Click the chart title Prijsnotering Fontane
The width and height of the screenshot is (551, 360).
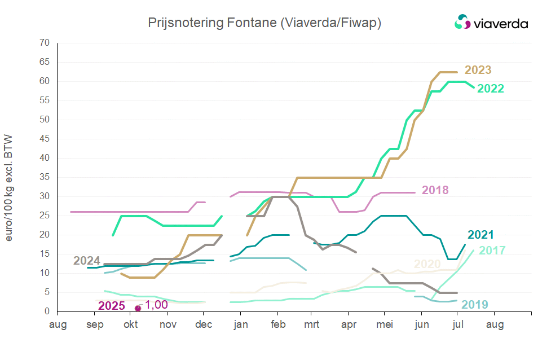pyautogui.click(x=265, y=23)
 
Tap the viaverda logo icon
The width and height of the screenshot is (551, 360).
pyautogui.click(x=462, y=23)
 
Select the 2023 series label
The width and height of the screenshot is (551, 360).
pyautogui.click(x=478, y=70)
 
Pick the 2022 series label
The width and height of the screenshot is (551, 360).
pyautogui.click(x=491, y=89)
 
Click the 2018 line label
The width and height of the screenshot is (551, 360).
pyautogui.click(x=435, y=190)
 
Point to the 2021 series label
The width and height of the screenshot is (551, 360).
pyautogui.click(x=481, y=235)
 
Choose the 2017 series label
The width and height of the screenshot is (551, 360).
pyautogui.click(x=492, y=251)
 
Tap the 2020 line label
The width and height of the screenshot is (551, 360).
pyautogui.click(x=427, y=264)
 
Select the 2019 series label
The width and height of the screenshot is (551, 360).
pyautogui.click(x=475, y=305)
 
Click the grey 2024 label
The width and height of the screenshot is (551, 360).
pyautogui.click(x=87, y=261)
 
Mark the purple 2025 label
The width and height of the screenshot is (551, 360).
pyautogui.click(x=112, y=306)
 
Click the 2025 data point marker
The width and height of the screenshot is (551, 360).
pyautogui.click(x=138, y=308)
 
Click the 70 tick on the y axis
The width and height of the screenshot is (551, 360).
pyautogui.click(x=45, y=43)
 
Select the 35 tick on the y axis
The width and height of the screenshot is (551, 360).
pyautogui.click(x=45, y=177)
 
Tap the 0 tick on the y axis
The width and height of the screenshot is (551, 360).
pyautogui.click(x=47, y=311)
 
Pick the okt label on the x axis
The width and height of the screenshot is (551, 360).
pyautogui.click(x=130, y=324)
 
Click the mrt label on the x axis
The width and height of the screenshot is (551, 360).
pyautogui.click(x=311, y=324)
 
